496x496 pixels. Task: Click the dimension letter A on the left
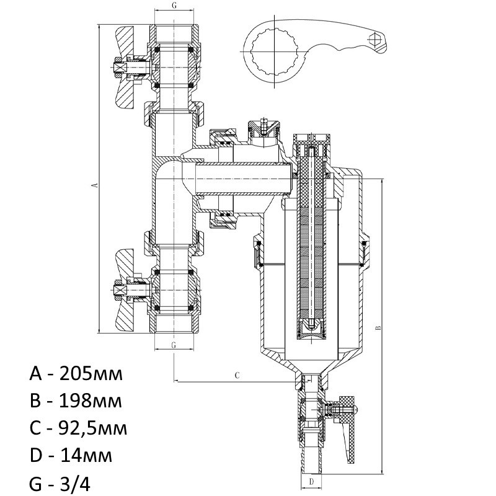[94, 185]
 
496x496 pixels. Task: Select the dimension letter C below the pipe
[237, 376]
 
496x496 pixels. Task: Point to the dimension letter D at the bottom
[311, 482]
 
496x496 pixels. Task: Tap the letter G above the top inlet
[174, 5]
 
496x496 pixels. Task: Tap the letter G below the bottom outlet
[174, 345]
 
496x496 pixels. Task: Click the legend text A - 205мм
[76, 374]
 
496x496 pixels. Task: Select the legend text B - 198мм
[76, 401]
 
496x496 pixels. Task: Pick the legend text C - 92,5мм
[78, 428]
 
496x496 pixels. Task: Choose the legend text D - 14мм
[71, 456]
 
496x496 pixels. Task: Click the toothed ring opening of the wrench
[275, 51]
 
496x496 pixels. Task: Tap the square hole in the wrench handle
[374, 38]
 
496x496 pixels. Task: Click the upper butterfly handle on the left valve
[126, 68]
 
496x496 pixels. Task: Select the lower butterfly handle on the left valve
[126, 290]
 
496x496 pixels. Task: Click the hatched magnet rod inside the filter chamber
[311, 244]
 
